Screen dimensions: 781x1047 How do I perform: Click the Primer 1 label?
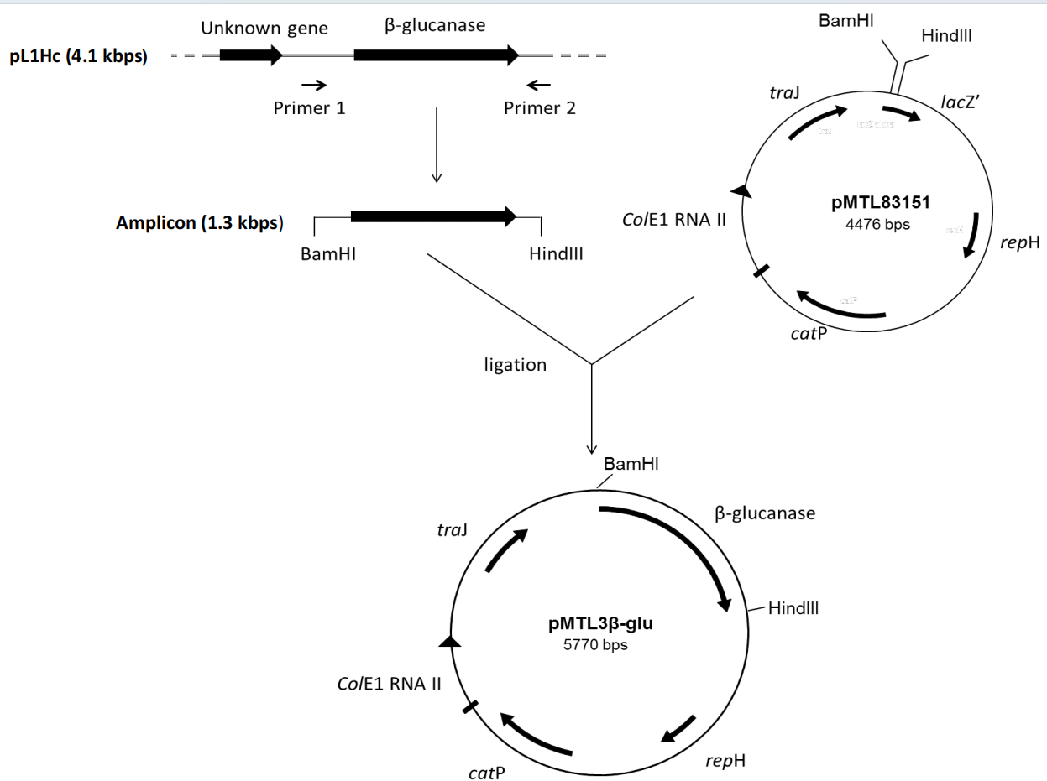pos(310,107)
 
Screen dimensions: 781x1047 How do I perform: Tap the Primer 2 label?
pos(540,107)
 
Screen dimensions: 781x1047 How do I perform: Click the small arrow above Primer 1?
pos(314,85)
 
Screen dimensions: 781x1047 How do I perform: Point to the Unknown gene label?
pos(264,29)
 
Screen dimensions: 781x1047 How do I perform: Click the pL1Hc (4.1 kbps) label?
pos(78,57)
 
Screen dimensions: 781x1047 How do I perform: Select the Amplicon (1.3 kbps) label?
pos(200,224)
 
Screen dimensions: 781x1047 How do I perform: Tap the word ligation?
pos(516,365)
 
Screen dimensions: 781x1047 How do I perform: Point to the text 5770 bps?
pos(595,645)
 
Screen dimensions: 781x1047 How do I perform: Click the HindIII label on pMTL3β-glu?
pos(793,607)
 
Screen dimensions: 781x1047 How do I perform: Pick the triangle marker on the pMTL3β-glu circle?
pos(450,642)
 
